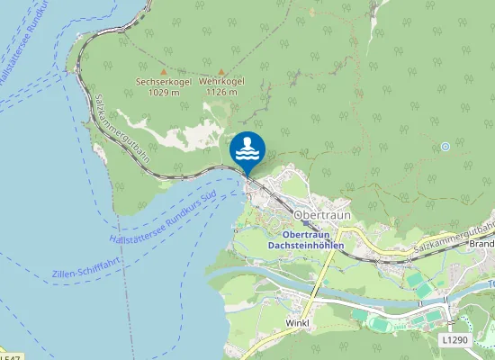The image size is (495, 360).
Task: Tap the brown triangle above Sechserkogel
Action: point(163,71)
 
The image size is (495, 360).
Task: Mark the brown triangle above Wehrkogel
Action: point(220,71)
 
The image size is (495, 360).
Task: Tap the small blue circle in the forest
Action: point(445,146)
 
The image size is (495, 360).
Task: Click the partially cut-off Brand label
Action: point(481,244)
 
